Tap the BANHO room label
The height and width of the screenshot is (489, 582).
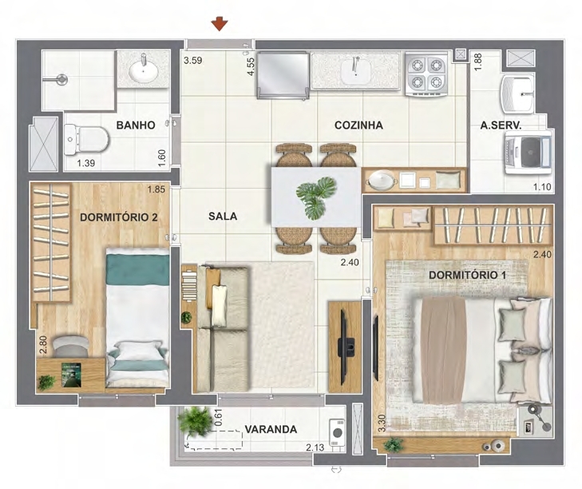[x=136, y=125]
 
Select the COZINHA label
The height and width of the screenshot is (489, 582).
[x=358, y=125]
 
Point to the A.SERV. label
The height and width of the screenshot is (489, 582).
[x=501, y=125]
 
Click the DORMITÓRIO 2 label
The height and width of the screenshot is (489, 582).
[x=119, y=217]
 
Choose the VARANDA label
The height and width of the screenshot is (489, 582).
[x=271, y=430]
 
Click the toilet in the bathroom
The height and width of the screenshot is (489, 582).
[x=86, y=140]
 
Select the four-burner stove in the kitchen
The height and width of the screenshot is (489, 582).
[x=426, y=74]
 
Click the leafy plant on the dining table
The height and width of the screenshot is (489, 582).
[x=316, y=197]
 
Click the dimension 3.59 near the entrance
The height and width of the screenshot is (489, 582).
[x=192, y=60]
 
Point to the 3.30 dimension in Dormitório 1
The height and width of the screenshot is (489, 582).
[x=382, y=423]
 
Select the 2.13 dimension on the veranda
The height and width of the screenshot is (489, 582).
[x=315, y=447]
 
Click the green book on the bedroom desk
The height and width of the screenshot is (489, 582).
[x=71, y=376]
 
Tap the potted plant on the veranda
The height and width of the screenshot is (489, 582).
[x=195, y=422]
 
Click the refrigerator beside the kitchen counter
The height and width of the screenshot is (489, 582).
[x=283, y=75]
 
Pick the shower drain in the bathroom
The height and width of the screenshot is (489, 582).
[x=61, y=80]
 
